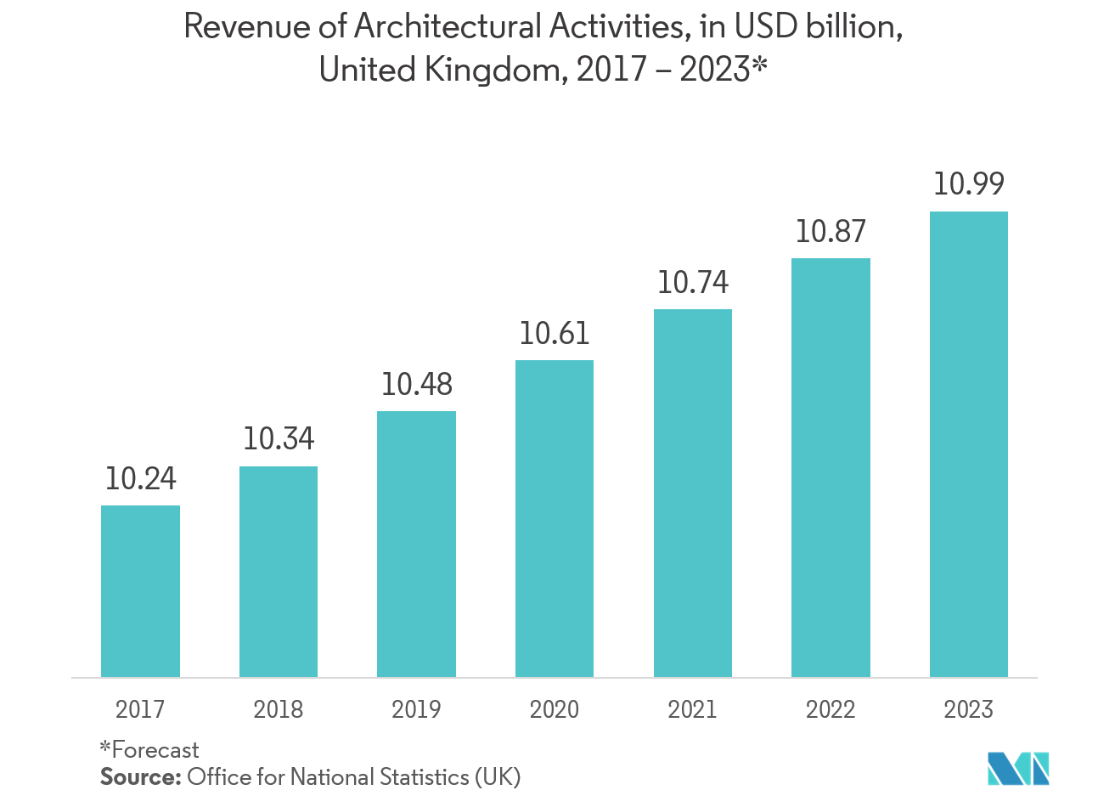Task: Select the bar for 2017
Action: tap(140, 591)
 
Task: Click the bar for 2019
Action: tap(416, 544)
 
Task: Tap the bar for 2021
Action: tap(693, 493)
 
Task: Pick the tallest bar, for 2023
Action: tap(969, 444)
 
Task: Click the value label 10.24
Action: tap(140, 479)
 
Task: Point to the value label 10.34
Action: tap(279, 439)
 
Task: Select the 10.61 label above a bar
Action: tap(555, 334)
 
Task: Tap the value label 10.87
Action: tap(831, 232)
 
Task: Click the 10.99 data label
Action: tap(969, 184)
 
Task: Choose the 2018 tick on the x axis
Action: tap(279, 709)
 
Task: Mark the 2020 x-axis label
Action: tap(555, 709)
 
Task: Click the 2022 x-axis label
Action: tap(831, 709)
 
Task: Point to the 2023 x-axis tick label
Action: tap(969, 709)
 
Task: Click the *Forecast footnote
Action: tap(149, 750)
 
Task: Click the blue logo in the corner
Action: tap(1019, 768)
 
